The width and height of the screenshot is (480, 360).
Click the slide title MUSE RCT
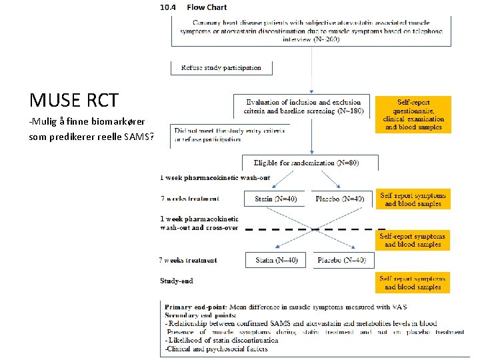74,101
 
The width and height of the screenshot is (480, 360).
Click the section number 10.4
169,7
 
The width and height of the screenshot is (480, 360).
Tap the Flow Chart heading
207,7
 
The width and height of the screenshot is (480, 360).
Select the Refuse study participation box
221,67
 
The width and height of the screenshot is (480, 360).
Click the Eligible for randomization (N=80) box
311,162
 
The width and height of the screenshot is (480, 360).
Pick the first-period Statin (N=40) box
276,199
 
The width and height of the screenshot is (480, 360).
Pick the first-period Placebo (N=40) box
340,199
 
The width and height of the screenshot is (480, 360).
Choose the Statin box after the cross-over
276,260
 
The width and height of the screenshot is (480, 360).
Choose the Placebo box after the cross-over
340,260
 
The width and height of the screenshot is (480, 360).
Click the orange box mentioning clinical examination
413,115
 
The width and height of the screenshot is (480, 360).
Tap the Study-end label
177,281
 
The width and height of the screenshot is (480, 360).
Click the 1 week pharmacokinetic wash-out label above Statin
205,177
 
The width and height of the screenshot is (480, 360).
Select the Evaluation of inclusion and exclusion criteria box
301,107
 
